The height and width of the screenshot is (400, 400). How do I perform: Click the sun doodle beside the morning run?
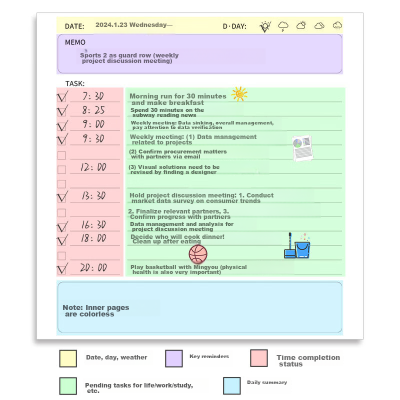coord(239,93)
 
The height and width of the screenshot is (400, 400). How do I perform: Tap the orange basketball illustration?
coord(198,254)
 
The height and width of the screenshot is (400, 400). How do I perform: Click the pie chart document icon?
coord(302,148)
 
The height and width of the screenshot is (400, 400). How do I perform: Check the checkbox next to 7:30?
coord(62,97)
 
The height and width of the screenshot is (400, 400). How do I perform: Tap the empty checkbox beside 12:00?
coord(61,169)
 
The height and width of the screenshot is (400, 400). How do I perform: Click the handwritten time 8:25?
coord(93,110)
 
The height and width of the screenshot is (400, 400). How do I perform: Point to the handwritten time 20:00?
coord(93,268)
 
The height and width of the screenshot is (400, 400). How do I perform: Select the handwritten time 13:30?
coord(93,196)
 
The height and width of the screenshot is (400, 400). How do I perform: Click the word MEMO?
coord(75,42)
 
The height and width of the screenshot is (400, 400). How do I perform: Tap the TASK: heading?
coord(75,83)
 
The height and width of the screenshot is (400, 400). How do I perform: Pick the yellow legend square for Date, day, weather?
coord(68,358)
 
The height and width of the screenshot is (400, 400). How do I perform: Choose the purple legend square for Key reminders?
coord(173,358)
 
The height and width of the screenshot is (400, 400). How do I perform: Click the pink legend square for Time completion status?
coord(259,358)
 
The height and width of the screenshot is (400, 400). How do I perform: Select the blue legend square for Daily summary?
coord(232,385)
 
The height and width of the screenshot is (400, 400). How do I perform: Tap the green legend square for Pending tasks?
coord(68,386)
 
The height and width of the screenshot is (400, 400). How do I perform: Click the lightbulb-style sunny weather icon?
coord(265,26)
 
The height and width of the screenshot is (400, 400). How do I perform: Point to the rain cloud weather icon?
coord(337,25)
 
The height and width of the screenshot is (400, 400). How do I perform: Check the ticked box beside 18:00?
coord(62,240)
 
